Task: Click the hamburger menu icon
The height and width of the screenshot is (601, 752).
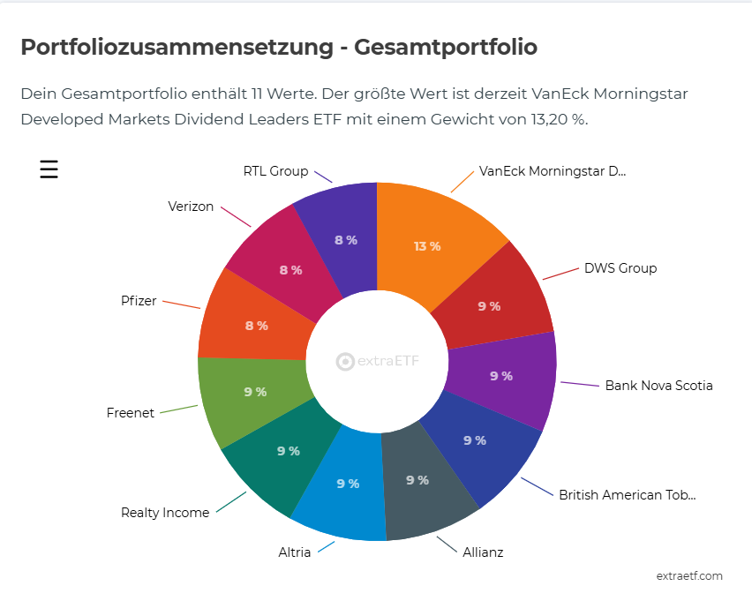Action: coord(49,169)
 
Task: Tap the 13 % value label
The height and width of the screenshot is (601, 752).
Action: coord(427,246)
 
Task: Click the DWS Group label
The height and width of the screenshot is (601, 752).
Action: coord(620,268)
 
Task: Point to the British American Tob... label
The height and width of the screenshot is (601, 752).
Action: coord(627,495)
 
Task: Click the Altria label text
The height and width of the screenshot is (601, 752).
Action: coord(295,553)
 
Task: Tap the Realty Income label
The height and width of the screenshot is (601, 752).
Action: coord(165,513)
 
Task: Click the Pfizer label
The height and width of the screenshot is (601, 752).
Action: coord(139,301)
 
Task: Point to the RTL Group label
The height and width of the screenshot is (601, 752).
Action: coord(275,171)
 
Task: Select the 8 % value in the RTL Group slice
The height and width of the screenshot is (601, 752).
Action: coord(345,240)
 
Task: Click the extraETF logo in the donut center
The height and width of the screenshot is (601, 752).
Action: coord(378,361)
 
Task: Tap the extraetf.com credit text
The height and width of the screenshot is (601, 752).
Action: coord(689,576)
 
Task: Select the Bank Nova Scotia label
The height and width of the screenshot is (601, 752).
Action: coord(658,386)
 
